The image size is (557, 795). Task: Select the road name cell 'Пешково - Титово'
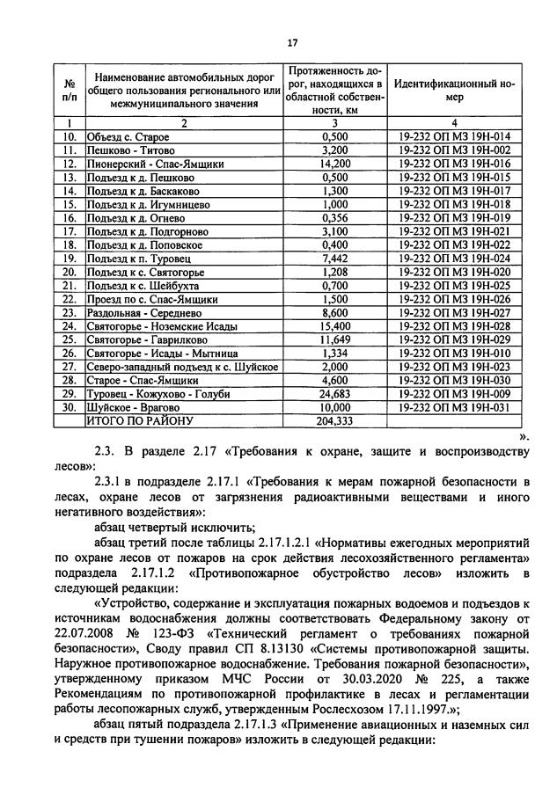point(126,150)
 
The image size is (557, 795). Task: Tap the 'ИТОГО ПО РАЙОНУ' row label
point(139,421)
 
